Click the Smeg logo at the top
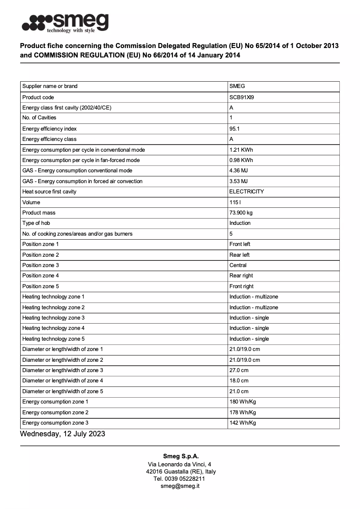click(x=66, y=22)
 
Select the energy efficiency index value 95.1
click(x=234, y=129)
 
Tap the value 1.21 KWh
click(x=241, y=150)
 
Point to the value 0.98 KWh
click(x=241, y=160)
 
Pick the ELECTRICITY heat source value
click(x=246, y=192)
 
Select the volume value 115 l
click(x=235, y=202)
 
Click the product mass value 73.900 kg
click(x=241, y=213)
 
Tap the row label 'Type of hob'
click(x=36, y=223)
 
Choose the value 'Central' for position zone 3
click(x=238, y=265)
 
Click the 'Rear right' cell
click(x=241, y=276)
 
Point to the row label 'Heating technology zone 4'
click(x=53, y=328)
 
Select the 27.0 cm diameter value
click(x=239, y=370)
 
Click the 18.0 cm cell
click(x=239, y=381)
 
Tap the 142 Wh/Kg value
click(x=242, y=423)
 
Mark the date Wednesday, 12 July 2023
click(x=62, y=434)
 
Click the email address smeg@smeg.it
click(x=180, y=486)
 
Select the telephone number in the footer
click(x=180, y=478)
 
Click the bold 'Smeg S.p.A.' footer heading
click(x=180, y=456)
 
